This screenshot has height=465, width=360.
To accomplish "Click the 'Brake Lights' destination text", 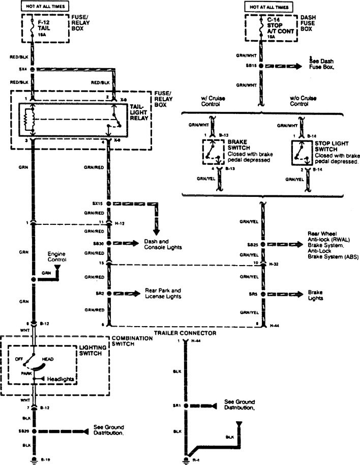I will (x=314, y=295).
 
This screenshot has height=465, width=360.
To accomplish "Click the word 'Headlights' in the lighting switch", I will (x=61, y=380).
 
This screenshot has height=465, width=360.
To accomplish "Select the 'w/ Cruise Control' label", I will (x=213, y=101).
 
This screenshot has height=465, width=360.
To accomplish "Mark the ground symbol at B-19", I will (x=34, y=461).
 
